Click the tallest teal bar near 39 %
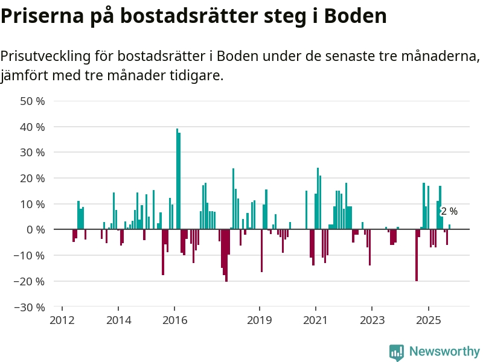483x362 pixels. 177,179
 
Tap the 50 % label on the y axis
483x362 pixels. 33,101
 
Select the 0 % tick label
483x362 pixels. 35,230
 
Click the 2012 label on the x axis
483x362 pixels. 62,320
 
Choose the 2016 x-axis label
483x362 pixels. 175,320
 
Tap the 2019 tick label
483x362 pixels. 260,320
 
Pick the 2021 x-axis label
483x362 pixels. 316,320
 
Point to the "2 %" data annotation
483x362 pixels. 449,212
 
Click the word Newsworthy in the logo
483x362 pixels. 444,351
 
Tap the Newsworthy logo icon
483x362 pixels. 397,352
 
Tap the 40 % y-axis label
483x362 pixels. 33,127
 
